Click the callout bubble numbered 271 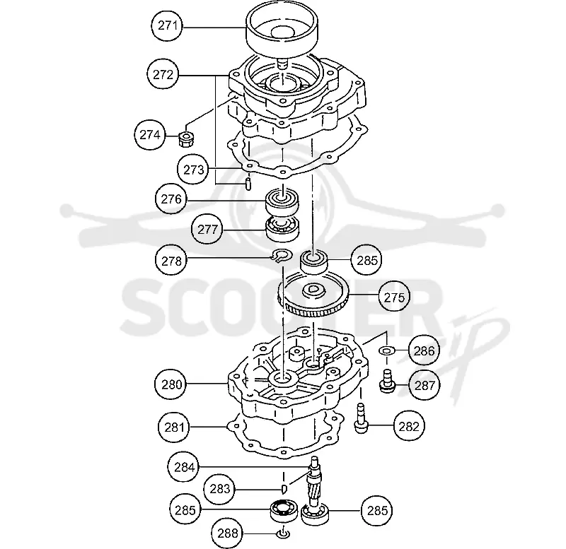point(167,26)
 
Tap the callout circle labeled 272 point(163,75)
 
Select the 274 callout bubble point(150,135)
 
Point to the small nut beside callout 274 point(186,138)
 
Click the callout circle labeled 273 point(193,170)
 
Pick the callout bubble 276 point(171,199)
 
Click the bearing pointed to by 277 point(282,229)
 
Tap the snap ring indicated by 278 point(282,256)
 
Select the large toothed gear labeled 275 point(313,295)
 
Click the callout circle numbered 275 point(394,297)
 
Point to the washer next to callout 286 point(386,350)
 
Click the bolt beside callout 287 point(387,381)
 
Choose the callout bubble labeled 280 point(171,384)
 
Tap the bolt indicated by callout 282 point(362,418)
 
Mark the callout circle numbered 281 point(174,427)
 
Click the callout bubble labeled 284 point(184,467)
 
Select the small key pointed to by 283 point(284,489)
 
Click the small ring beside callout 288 point(282,534)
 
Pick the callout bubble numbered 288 point(227,533)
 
